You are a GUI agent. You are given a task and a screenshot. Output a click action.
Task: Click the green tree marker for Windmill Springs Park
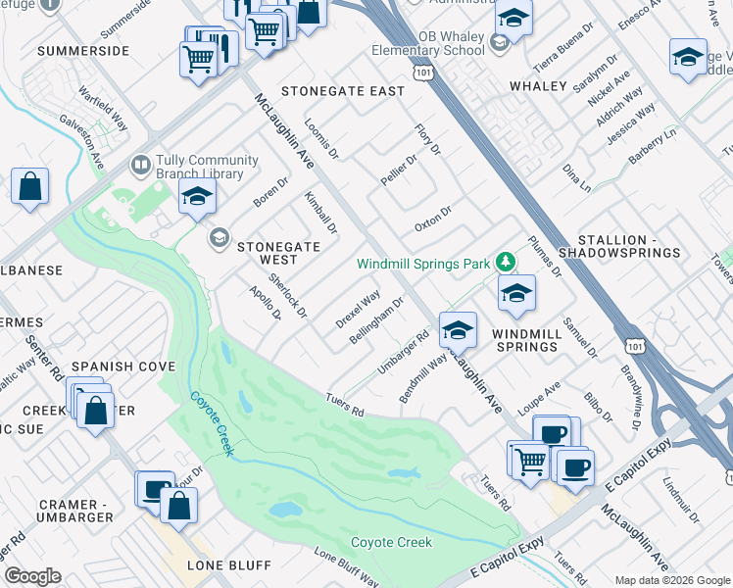(505, 262)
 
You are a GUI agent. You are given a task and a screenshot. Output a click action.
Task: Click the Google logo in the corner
(32, 576)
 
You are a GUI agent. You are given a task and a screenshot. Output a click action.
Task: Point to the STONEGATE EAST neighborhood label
(342, 91)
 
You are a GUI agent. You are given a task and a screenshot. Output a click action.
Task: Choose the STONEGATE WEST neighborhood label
(277, 253)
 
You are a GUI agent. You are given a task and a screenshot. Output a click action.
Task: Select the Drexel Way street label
(358, 309)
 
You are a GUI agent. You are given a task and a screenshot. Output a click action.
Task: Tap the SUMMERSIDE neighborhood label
(83, 49)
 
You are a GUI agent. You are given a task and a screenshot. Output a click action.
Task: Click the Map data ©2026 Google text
(672, 580)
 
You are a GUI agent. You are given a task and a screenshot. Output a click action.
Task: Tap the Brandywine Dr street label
(630, 398)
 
